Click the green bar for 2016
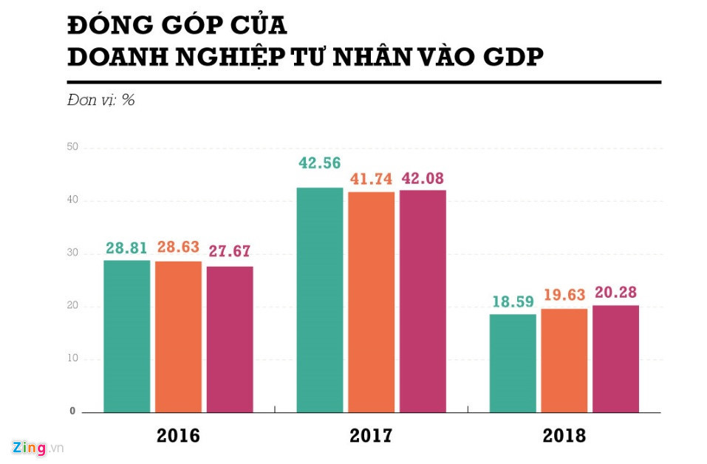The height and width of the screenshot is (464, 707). tap(126, 336)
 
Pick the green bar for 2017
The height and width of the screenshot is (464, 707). tap(320, 299)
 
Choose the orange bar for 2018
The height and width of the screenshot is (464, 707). tap(564, 360)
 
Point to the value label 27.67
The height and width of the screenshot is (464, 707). tap(229, 251)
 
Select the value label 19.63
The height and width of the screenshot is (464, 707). tap(564, 295)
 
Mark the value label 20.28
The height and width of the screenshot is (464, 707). tap(615, 292)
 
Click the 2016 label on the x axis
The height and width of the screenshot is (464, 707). tap(178, 436)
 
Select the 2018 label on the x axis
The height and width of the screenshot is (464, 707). tap(564, 436)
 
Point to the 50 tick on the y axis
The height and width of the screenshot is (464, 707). tap(72, 148)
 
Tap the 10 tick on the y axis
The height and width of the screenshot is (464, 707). tap(72, 359)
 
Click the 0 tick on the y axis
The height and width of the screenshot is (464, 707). tap(73, 412)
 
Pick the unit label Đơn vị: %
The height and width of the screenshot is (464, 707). tap(101, 100)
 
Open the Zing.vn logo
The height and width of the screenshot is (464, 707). tap(38, 448)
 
